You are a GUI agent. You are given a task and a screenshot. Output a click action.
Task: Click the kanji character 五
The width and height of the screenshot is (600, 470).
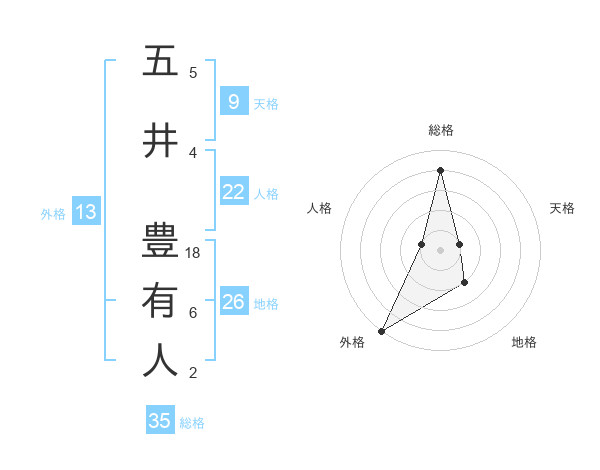click(x=160, y=62)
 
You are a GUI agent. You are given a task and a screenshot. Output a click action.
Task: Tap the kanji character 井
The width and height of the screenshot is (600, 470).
click(x=160, y=141)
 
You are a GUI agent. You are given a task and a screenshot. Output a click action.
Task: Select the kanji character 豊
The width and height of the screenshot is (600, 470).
click(x=160, y=240)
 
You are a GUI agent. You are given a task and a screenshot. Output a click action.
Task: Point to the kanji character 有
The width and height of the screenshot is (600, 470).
click(x=160, y=301)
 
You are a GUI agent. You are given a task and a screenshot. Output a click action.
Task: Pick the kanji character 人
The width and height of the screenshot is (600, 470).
click(x=160, y=361)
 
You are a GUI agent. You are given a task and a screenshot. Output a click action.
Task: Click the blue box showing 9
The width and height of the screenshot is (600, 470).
click(x=233, y=102)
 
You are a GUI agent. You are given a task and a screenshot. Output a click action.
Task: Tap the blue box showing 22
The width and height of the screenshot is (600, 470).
click(x=233, y=193)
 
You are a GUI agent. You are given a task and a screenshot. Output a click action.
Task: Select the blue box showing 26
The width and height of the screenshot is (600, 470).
click(x=233, y=302)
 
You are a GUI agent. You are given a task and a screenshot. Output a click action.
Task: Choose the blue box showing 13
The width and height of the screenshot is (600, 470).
click(x=85, y=211)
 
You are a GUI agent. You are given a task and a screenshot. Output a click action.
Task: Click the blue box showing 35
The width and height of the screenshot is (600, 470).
click(x=160, y=421)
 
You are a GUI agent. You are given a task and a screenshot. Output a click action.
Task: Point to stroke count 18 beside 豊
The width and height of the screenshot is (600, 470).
click(x=193, y=253)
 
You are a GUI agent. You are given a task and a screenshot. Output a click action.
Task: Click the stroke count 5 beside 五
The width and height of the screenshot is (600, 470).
click(x=193, y=73)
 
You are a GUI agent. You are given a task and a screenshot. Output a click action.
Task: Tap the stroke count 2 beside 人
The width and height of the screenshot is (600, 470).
click(x=193, y=373)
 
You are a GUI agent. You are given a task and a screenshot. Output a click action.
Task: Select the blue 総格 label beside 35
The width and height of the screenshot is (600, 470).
click(x=192, y=423)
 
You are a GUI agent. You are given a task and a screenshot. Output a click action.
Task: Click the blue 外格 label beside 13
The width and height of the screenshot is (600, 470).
click(x=52, y=213)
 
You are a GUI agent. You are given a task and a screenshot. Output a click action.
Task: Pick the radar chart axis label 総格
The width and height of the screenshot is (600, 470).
click(x=441, y=130)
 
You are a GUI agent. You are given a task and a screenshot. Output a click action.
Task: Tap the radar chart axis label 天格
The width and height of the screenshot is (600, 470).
click(x=562, y=208)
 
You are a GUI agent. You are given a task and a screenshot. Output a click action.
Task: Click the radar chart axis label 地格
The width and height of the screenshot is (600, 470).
click(x=524, y=342)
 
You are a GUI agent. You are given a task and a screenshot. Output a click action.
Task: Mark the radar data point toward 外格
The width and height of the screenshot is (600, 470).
click(x=381, y=330)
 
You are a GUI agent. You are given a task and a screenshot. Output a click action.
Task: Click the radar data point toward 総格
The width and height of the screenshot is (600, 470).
click(x=440, y=170)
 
